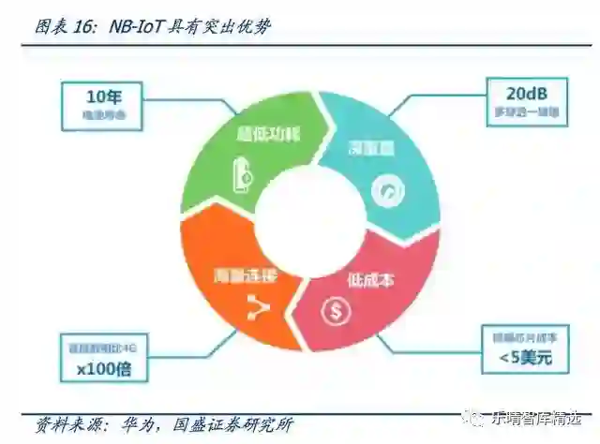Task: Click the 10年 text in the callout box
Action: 105,96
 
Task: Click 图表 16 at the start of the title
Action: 64,27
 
